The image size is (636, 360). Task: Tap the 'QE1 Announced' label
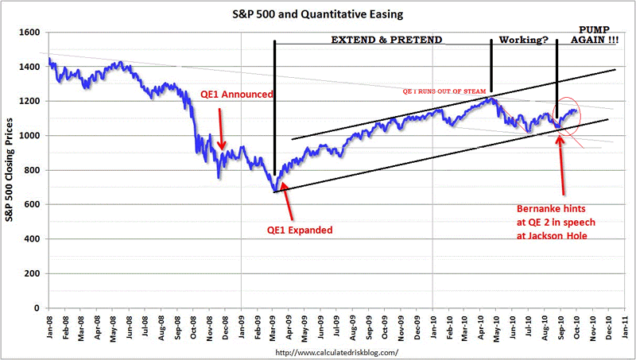pos(236,94)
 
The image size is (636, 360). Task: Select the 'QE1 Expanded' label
pos(300,230)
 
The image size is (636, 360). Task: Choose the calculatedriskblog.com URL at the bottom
pos(335,351)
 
